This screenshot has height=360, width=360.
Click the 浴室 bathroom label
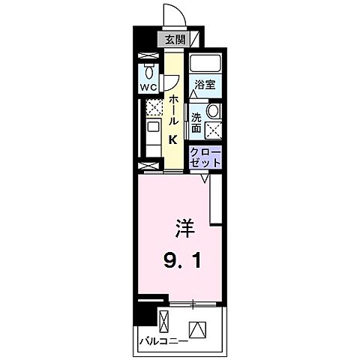point(204,84)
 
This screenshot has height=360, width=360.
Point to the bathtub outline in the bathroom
point(204,63)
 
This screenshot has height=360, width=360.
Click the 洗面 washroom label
point(196,121)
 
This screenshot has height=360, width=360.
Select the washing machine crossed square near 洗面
point(212,130)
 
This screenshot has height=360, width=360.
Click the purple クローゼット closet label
point(205,157)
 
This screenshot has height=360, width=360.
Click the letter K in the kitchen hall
point(172,139)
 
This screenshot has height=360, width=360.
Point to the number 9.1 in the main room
point(181,262)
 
